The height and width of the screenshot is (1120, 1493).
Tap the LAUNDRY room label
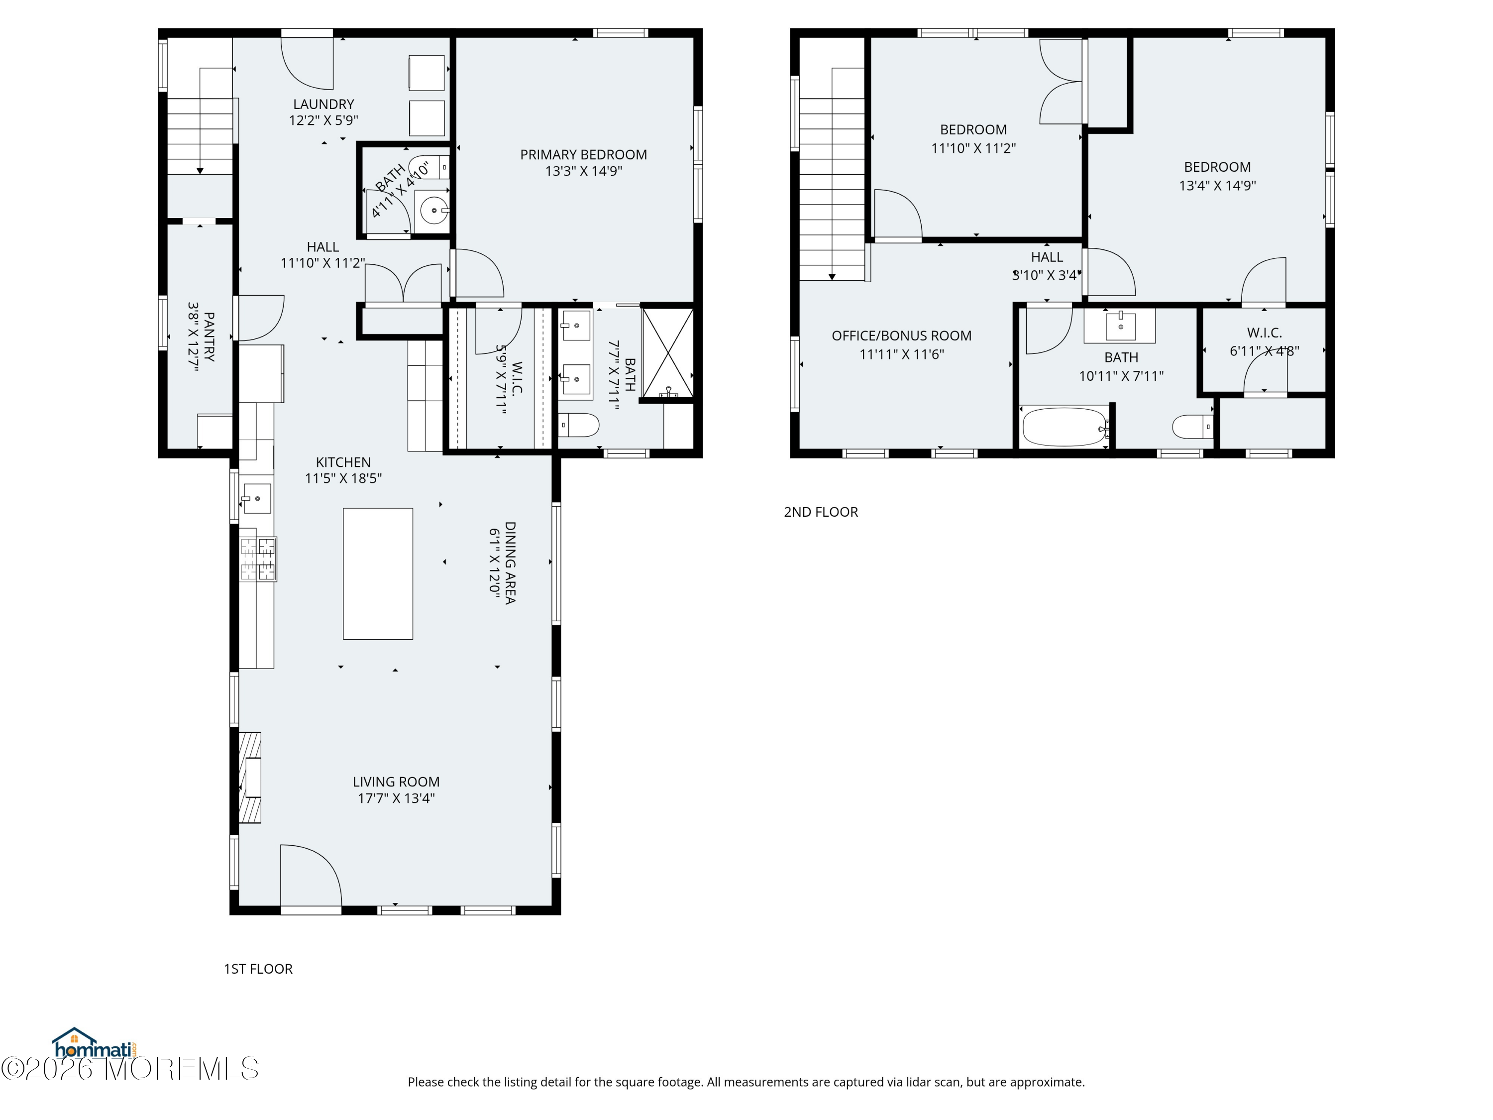(323, 104)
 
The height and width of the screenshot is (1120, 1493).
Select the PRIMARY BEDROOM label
(583, 155)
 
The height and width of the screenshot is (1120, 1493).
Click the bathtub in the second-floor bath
(1065, 426)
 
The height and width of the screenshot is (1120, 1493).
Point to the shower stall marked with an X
(667, 353)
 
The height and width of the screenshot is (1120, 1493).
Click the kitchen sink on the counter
(256, 498)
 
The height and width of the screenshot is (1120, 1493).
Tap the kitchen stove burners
(258, 559)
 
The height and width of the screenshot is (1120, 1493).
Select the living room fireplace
(250, 778)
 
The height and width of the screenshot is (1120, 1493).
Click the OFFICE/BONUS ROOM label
(902, 336)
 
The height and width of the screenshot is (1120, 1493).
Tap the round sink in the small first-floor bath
(432, 210)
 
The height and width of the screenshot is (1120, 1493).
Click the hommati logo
(95, 1043)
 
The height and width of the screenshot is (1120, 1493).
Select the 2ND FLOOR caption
(821, 512)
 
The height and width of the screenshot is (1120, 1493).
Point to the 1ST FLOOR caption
(258, 969)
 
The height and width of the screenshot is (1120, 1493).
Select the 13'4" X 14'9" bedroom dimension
(1217, 186)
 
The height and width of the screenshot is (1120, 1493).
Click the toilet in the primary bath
(579, 425)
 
